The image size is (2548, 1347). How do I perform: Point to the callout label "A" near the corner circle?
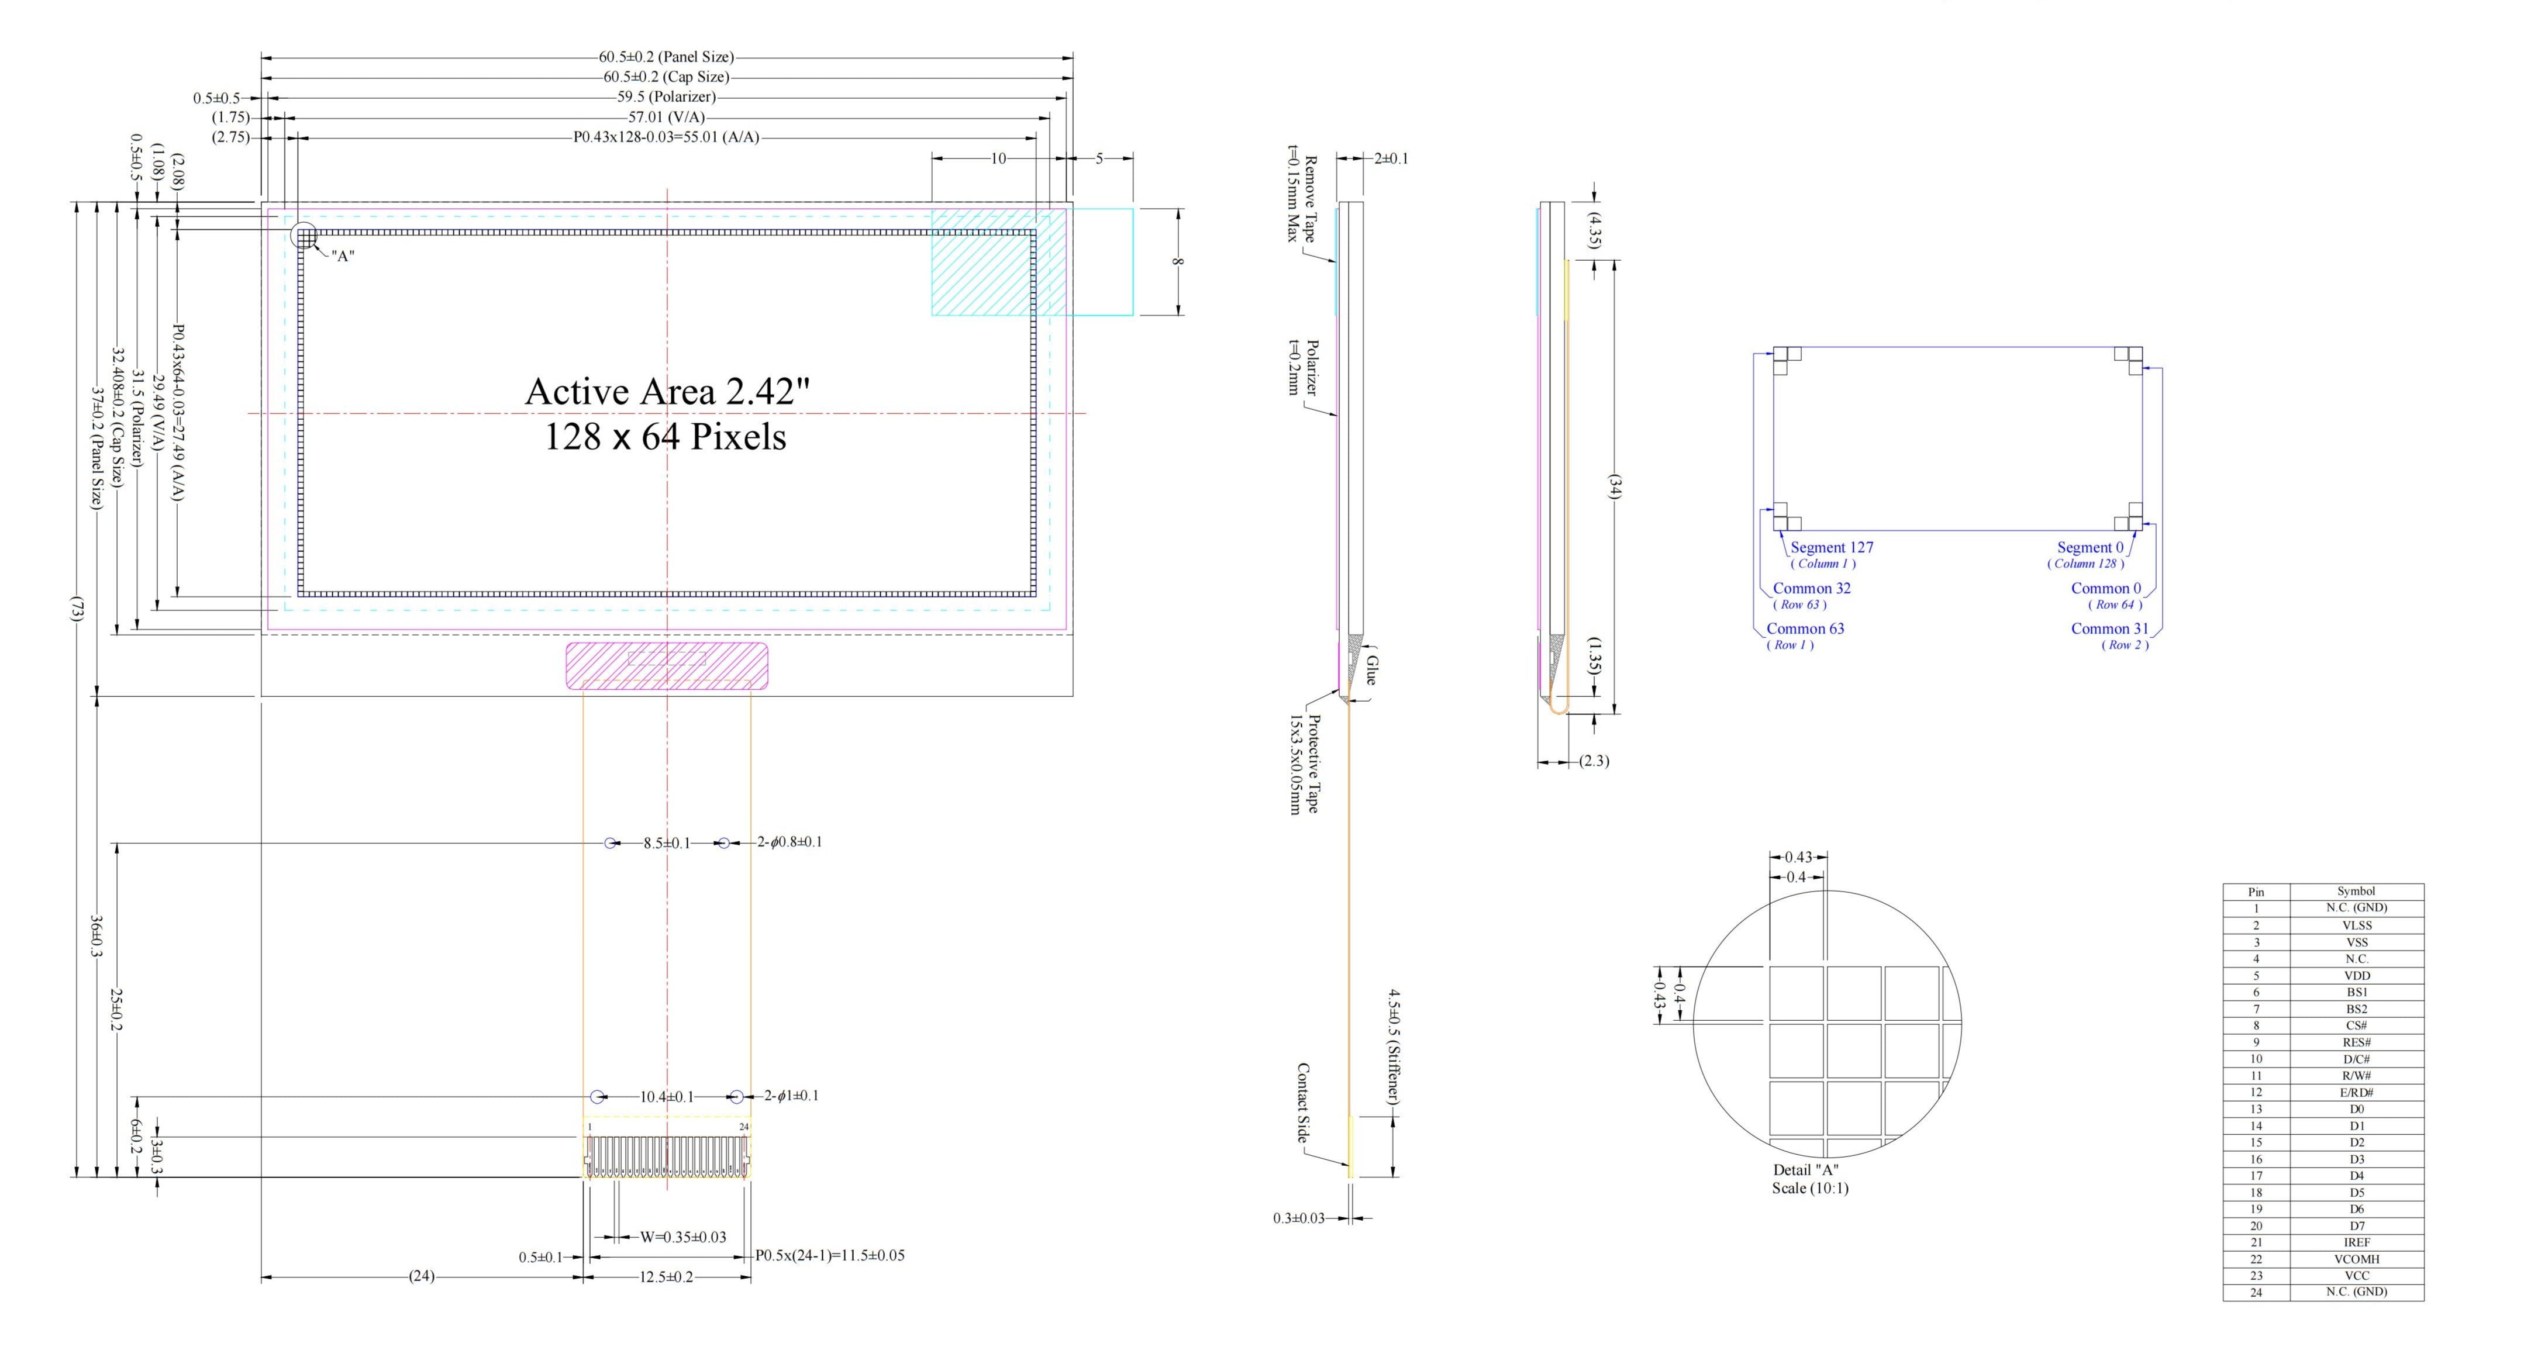point(342,256)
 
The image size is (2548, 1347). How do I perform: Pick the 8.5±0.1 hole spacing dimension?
point(667,844)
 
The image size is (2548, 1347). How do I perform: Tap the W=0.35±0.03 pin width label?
point(682,1237)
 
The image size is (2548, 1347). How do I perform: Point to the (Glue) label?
point(1371,665)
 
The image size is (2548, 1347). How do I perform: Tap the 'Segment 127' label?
point(1831,547)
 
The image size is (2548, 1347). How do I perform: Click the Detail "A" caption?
point(1805,1170)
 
